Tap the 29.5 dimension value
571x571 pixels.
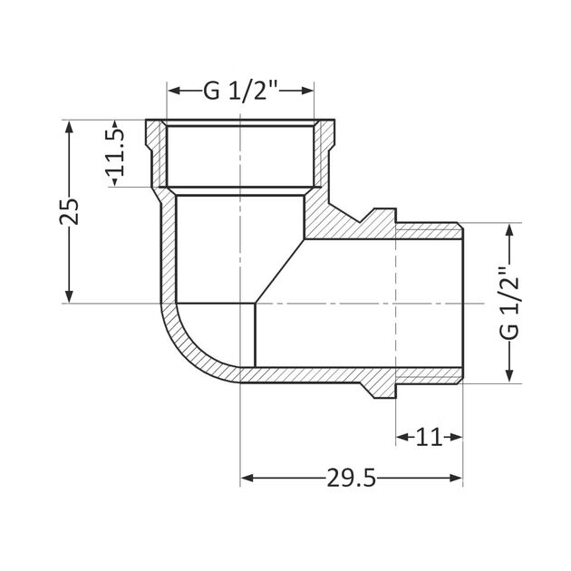coord(351,478)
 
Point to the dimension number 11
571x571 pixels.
coord(429,438)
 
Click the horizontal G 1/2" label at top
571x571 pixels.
coord(240,90)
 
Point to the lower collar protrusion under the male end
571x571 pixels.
coord(381,387)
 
